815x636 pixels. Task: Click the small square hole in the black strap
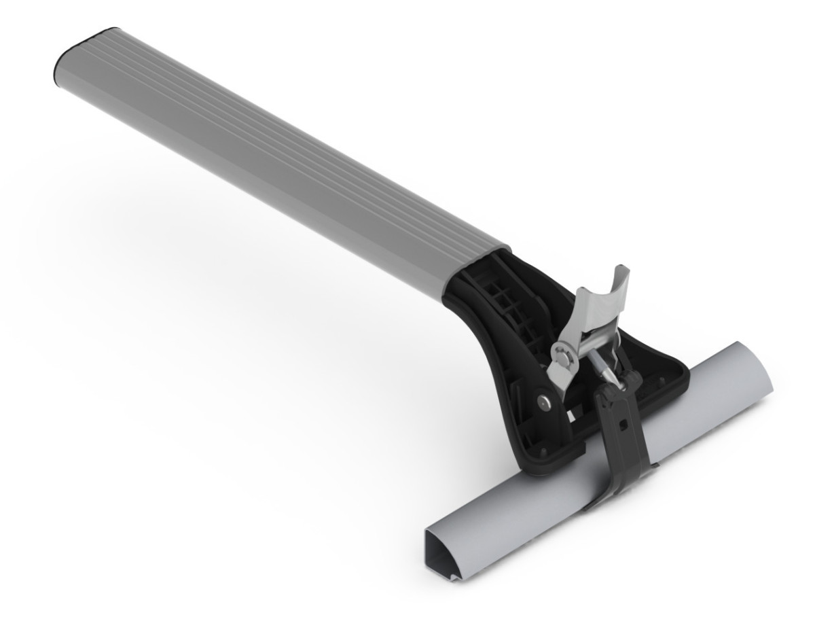(623, 426)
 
